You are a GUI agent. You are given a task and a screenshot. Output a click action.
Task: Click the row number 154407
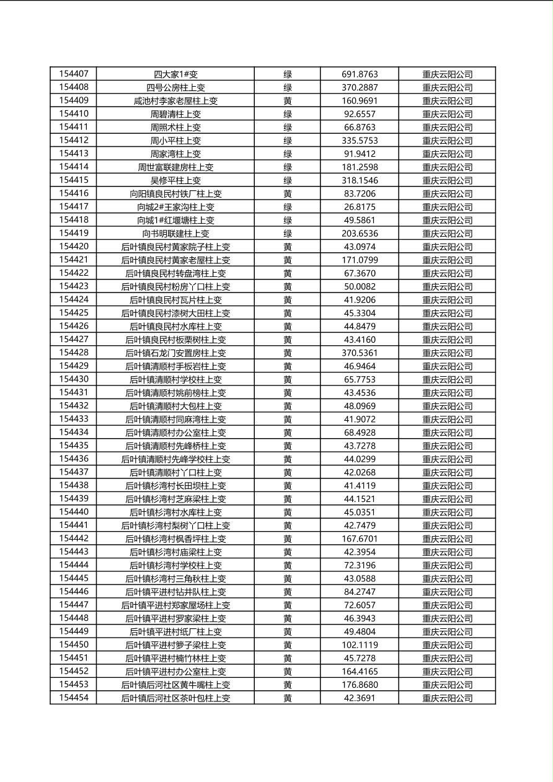click(x=74, y=74)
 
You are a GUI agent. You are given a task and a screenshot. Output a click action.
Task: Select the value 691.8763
click(x=360, y=74)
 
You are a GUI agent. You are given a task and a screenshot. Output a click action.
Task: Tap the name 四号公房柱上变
click(x=175, y=87)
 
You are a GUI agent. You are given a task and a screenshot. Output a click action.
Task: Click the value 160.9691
click(x=360, y=100)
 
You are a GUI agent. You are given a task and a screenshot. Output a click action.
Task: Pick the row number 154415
click(x=74, y=180)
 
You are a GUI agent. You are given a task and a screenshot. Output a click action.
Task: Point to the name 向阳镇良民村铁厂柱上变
click(x=175, y=193)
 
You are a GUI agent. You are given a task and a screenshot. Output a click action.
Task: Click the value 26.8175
click(x=360, y=207)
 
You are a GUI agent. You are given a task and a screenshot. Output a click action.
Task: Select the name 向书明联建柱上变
click(x=175, y=234)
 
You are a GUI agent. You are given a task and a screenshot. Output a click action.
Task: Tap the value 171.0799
click(x=360, y=260)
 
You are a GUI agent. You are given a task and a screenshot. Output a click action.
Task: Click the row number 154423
click(x=74, y=286)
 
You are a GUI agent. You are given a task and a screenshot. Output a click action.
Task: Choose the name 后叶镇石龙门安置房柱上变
click(x=175, y=353)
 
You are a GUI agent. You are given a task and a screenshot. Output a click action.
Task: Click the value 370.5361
click(x=360, y=353)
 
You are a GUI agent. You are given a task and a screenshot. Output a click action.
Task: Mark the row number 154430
click(x=74, y=379)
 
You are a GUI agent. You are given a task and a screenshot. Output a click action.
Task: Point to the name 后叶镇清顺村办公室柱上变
click(x=175, y=433)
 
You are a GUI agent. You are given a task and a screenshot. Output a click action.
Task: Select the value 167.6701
click(x=360, y=538)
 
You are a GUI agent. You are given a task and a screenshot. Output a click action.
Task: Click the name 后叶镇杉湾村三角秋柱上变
click(x=175, y=578)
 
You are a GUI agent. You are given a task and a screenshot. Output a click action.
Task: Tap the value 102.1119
click(x=360, y=644)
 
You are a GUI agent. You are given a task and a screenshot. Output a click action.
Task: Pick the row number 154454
click(x=74, y=698)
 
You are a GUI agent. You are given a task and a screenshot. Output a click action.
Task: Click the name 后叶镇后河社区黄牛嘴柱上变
click(x=175, y=685)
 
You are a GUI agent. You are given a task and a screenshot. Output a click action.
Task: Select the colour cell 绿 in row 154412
click(x=288, y=141)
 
